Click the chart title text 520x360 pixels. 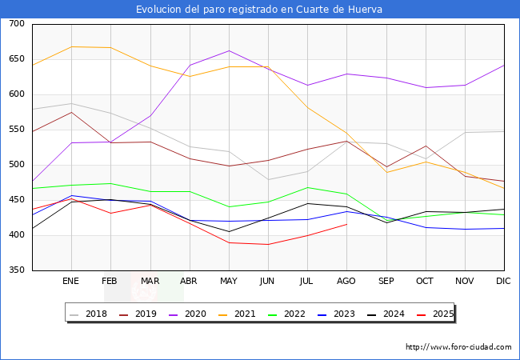(259, 10)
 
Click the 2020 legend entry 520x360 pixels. (201, 314)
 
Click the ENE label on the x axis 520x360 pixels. (71, 282)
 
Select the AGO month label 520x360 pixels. (346, 282)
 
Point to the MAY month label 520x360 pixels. (229, 282)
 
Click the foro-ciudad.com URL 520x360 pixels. (458, 347)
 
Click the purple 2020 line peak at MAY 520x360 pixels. (229, 50)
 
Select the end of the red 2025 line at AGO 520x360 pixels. (346, 224)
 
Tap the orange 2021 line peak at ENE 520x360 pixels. (71, 46)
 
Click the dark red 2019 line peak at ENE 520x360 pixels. (71, 112)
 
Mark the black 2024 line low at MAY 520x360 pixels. (229, 232)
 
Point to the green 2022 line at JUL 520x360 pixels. (307, 187)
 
